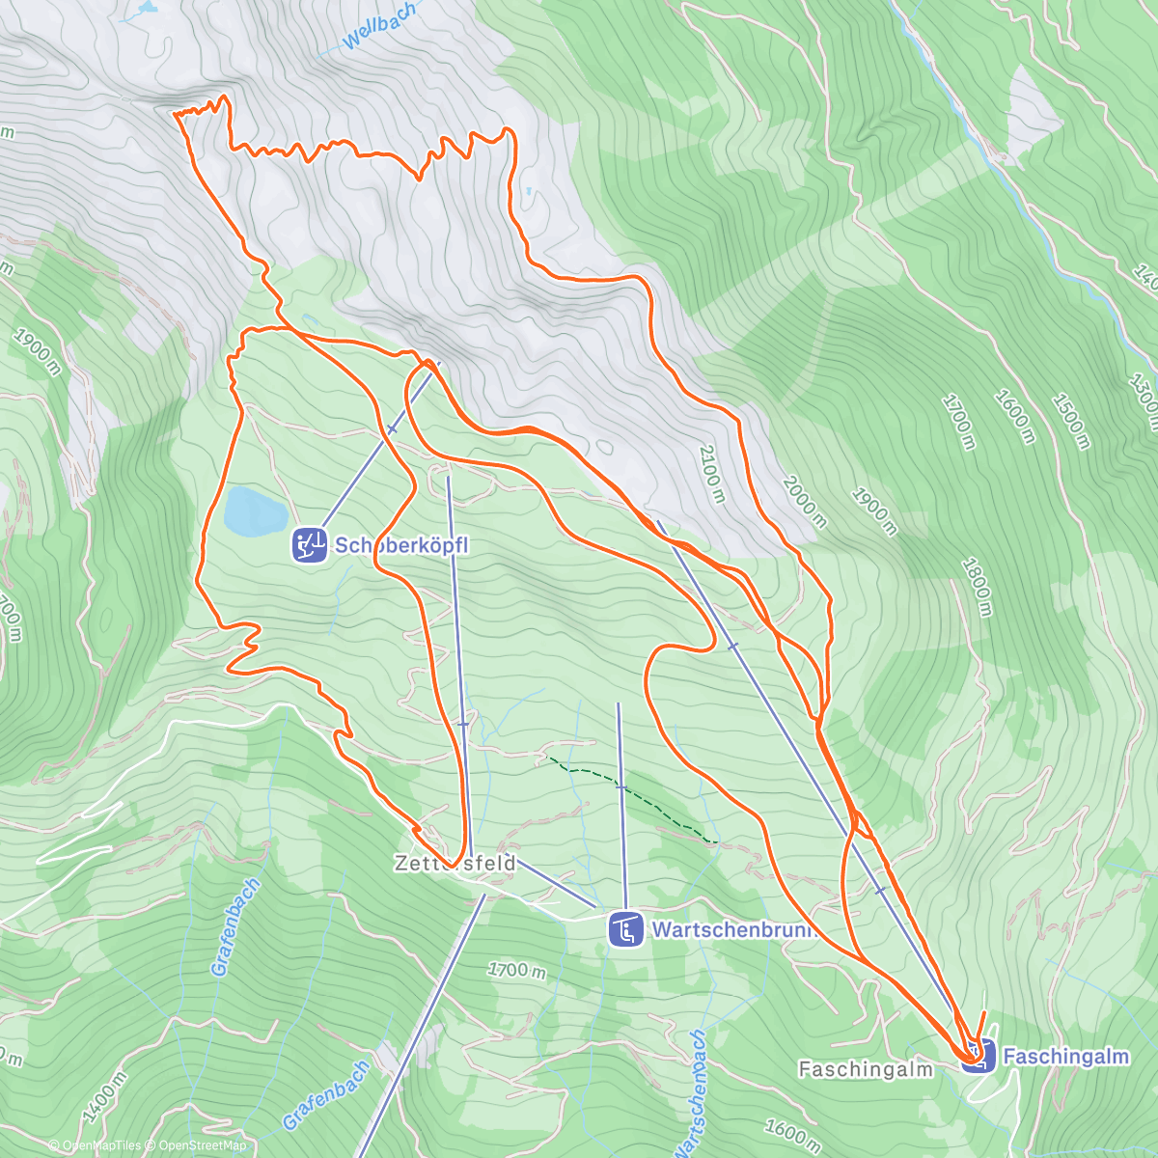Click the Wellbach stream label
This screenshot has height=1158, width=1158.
(x=380, y=26)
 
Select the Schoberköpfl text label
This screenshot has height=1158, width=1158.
(x=400, y=545)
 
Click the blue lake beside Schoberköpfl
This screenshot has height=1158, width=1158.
(x=254, y=510)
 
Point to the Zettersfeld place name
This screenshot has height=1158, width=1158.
(x=455, y=863)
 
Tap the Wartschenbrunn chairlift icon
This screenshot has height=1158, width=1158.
(x=625, y=930)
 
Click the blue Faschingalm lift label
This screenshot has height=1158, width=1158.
(x=1065, y=1057)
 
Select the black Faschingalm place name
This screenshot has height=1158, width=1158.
(x=866, y=1069)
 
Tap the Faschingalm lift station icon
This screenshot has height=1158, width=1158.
(x=977, y=1056)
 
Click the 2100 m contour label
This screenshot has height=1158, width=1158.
(x=711, y=473)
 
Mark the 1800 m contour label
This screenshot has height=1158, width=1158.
(x=977, y=587)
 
